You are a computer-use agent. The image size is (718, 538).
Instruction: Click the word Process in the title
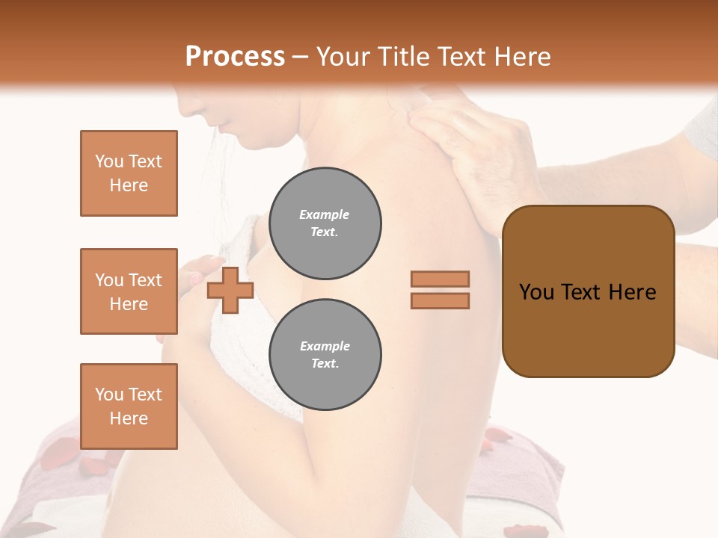(235, 57)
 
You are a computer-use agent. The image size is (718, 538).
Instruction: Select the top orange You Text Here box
(129, 173)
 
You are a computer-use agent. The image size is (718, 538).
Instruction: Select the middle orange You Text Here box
(129, 291)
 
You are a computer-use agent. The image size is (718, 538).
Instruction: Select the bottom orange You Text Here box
(129, 406)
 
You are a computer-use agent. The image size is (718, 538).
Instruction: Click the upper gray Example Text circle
(325, 223)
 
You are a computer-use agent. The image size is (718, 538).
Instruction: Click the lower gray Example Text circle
(325, 355)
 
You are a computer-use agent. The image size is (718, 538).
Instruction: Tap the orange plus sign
(230, 290)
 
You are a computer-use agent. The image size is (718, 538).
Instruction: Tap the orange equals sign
(440, 290)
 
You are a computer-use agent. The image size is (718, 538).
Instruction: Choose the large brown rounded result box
(588, 291)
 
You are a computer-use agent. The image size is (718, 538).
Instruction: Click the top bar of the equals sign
(440, 279)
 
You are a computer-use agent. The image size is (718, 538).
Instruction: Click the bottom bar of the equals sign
(440, 300)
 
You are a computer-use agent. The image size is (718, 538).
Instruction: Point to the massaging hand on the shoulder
(464, 142)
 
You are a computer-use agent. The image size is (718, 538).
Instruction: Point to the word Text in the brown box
(581, 292)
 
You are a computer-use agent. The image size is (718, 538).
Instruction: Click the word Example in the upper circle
(325, 215)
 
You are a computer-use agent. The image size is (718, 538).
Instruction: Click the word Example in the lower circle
(325, 347)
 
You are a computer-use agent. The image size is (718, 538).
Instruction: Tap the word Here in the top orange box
(129, 185)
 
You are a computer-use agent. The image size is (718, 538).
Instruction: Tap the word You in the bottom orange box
(108, 395)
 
